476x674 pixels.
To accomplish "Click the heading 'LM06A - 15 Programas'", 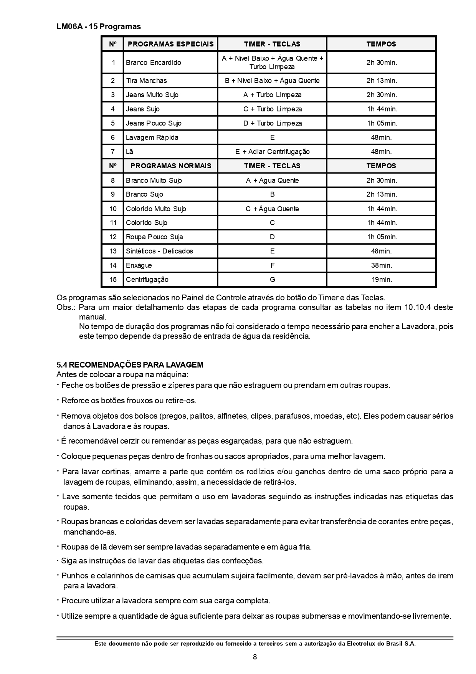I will coord(99,26).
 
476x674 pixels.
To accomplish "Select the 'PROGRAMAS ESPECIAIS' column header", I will coord(170,44).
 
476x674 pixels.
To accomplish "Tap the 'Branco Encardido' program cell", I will coord(154,62).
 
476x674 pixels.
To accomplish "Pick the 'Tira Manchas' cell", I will coord(146,81).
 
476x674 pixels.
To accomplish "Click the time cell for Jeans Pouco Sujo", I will coord(382,123).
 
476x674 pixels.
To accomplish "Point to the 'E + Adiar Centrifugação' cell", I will coord(272,152).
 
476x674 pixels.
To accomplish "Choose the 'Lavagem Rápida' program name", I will coord(152,137).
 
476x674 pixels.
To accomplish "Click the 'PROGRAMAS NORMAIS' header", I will coord(171,166).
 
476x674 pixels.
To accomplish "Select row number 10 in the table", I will coord(113,209).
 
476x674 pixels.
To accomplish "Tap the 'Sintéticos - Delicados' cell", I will coord(159,251).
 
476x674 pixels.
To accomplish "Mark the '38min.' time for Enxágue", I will coord(382,265).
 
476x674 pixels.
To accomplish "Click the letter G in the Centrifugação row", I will coord(272,280).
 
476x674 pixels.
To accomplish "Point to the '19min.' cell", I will coord(382,280).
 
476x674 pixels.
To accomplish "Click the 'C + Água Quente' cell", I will coord(272,209).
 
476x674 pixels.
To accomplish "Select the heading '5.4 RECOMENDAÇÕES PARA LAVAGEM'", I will coord(130,365).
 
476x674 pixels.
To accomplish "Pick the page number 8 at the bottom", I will coord(255,657).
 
